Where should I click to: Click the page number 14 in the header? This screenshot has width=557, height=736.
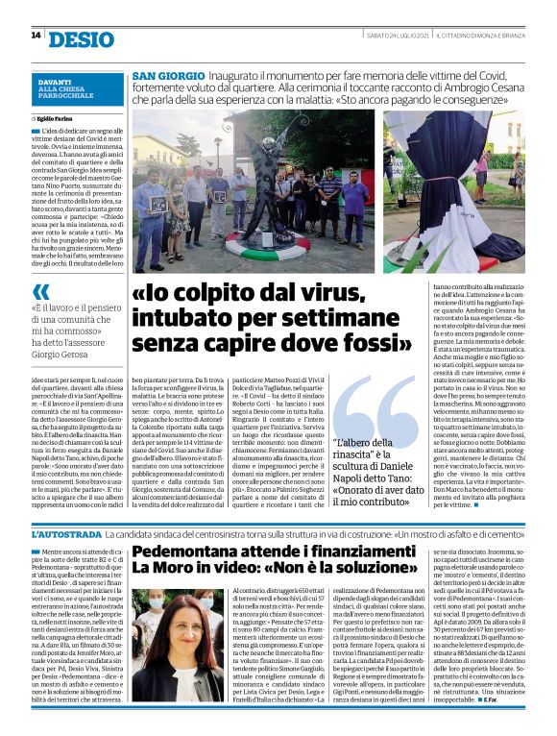[x=35, y=36]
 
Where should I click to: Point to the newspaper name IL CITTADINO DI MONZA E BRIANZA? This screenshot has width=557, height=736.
[x=479, y=36]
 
